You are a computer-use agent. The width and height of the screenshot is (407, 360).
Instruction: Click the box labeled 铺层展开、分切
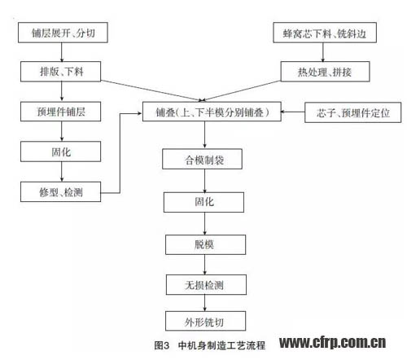pyautogui.click(x=63, y=33)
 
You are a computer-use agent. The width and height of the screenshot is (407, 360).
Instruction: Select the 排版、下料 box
pyautogui.click(x=61, y=72)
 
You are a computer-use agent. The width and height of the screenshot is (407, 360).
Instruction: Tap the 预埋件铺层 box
pyautogui.click(x=61, y=112)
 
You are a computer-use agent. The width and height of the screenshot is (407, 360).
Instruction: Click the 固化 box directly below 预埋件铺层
pyautogui.click(x=61, y=151)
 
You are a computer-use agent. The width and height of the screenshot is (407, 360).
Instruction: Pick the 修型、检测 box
pyautogui.click(x=61, y=191)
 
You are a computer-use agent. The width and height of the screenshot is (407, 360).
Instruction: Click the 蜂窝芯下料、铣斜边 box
pyautogui.click(x=325, y=33)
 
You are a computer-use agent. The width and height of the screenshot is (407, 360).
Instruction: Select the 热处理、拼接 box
pyautogui.click(x=325, y=72)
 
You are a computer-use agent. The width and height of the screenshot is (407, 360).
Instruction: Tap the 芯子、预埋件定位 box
pyautogui.click(x=352, y=112)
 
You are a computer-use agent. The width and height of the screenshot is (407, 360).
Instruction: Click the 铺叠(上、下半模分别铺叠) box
pyautogui.click(x=212, y=112)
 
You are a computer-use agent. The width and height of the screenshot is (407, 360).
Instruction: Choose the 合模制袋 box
pyautogui.click(x=202, y=159)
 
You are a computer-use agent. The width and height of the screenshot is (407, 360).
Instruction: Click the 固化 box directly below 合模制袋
pyautogui.click(x=203, y=202)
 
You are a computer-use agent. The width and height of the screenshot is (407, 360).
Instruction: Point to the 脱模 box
pyautogui.click(x=206, y=244)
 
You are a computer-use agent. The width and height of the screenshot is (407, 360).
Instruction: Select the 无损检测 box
pyautogui.click(x=206, y=285)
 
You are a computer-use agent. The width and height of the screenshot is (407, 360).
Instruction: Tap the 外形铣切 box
pyautogui.click(x=206, y=321)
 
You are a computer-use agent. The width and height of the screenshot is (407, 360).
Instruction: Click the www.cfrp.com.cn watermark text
pyautogui.click(x=333, y=343)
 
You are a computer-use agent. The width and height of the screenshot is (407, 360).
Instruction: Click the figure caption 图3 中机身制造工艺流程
pyautogui.click(x=209, y=345)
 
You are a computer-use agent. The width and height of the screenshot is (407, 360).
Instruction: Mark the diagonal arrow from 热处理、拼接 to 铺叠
pyautogui.click(x=242, y=91)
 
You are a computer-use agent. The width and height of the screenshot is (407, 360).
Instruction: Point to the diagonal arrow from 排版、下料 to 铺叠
pyautogui.click(x=152, y=90)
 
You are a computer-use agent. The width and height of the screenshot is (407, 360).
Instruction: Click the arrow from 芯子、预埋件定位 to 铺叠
pyautogui.click(x=293, y=112)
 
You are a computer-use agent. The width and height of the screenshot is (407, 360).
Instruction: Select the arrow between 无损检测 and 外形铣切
pyautogui.click(x=205, y=303)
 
